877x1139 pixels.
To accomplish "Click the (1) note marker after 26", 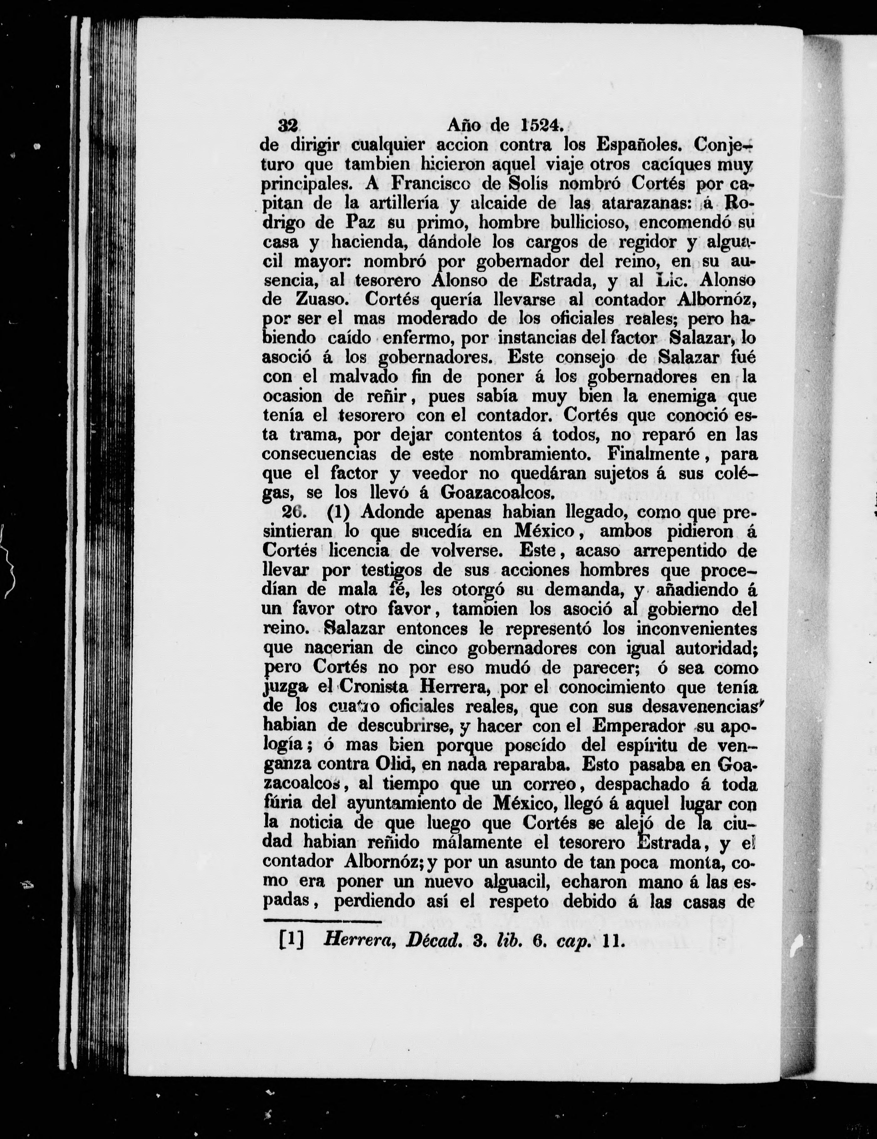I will [338, 513].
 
